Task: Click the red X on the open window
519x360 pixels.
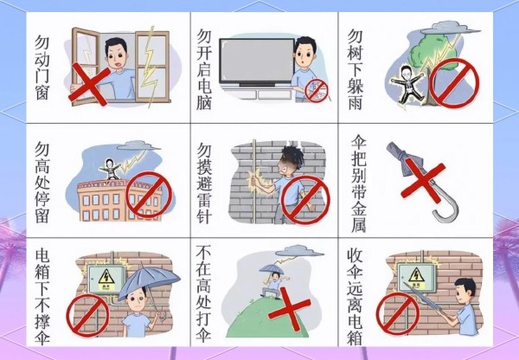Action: click(89, 84)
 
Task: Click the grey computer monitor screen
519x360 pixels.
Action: click(257, 61)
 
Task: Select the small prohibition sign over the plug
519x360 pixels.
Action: click(317, 91)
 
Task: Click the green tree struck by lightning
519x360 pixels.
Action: click(430, 53)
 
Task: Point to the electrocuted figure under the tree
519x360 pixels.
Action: click(407, 85)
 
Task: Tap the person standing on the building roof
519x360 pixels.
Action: click(110, 170)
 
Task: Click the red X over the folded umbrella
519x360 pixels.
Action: click(423, 180)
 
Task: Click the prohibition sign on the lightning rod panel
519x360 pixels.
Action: click(304, 200)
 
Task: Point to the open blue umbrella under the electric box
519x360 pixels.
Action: click(149, 279)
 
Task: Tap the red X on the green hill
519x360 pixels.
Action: click(289, 308)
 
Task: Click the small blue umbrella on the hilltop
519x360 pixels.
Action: click(272, 268)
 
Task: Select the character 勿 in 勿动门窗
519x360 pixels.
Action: click(42, 42)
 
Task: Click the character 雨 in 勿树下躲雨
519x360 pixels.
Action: click(356, 102)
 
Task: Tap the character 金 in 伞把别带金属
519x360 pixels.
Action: click(358, 208)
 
